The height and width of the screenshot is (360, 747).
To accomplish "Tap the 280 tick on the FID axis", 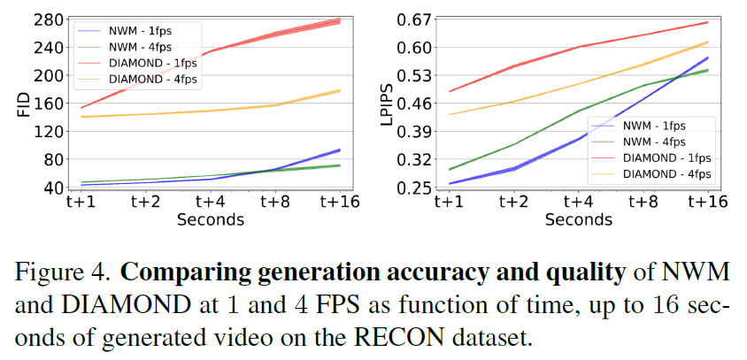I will coord(50,19).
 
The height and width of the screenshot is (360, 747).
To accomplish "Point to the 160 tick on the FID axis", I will coord(50,103).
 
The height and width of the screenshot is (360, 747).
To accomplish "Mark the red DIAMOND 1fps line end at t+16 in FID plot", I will coord(340,20).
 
